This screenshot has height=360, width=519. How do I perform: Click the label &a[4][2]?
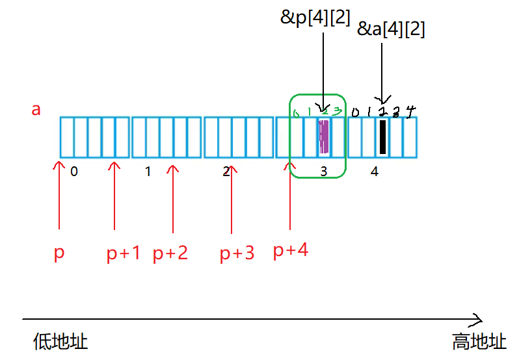point(392,29)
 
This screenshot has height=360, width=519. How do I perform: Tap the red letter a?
point(36,109)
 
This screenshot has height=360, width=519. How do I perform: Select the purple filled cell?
point(324,137)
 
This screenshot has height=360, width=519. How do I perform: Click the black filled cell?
point(382,137)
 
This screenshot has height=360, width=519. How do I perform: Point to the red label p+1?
point(124,253)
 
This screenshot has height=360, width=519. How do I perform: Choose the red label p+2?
point(170,253)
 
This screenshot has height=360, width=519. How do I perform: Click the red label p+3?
point(237,253)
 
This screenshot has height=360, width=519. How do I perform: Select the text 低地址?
point(60,342)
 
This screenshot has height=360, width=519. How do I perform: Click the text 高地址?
point(479,342)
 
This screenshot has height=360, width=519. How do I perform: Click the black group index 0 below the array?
point(74,172)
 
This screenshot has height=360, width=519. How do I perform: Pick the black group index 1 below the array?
point(148,172)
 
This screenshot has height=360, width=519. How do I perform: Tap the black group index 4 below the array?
point(374,172)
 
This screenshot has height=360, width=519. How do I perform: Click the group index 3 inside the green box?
point(324,172)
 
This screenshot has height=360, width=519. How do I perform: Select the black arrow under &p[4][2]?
point(323,65)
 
